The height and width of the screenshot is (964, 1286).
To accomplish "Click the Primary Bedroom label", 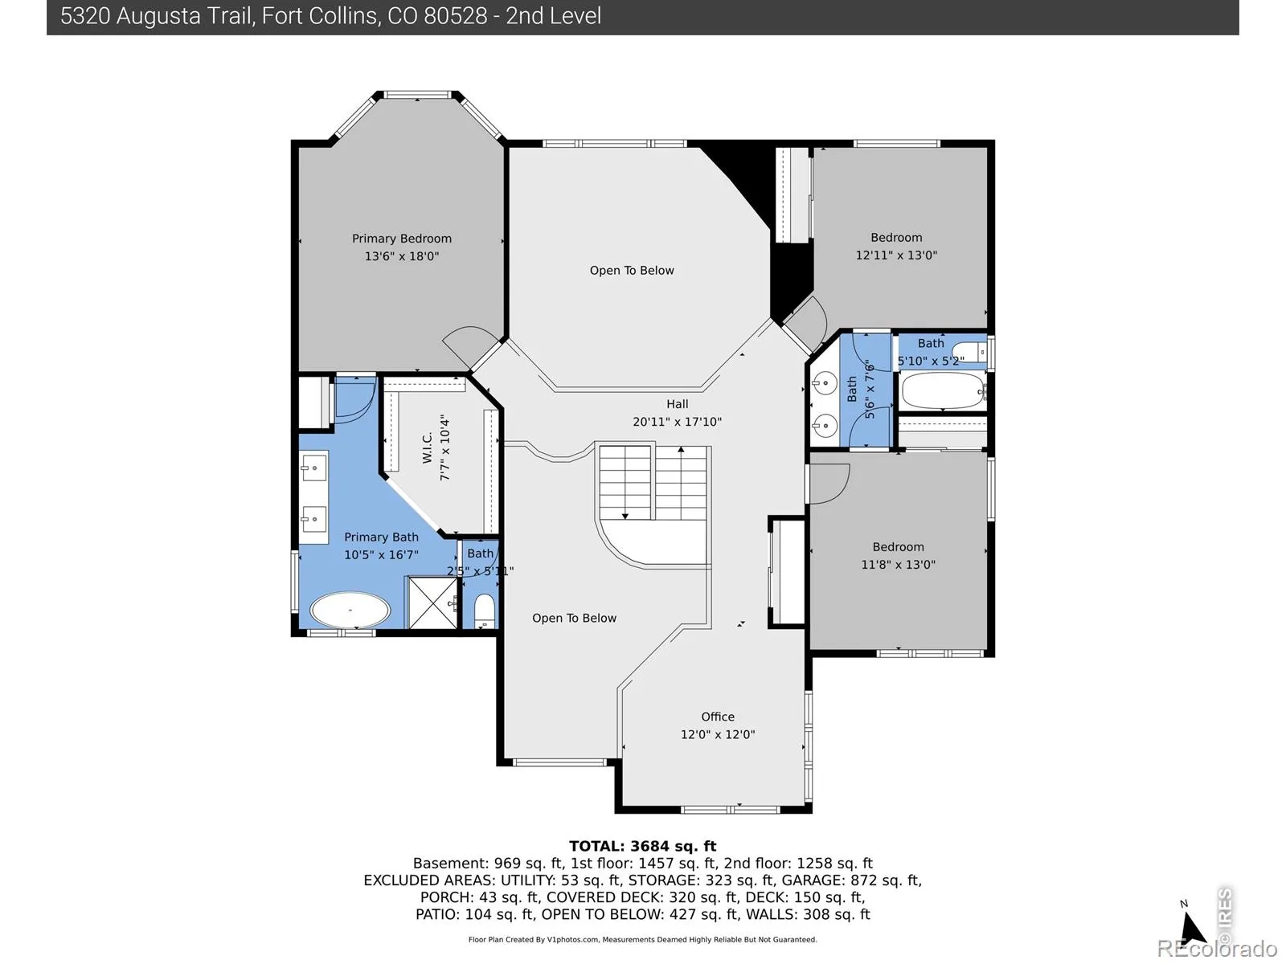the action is [x=401, y=239].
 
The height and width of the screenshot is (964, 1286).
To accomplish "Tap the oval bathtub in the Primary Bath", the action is [x=350, y=611].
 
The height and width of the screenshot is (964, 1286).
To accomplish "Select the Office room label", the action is [x=717, y=717].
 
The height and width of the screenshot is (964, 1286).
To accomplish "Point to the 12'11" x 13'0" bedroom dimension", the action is [x=896, y=255].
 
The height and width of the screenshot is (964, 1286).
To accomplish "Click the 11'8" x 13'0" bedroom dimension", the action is [x=898, y=564].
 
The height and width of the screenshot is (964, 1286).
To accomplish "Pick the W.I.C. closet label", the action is [x=427, y=447].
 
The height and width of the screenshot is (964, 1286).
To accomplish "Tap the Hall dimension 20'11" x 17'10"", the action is [x=677, y=422].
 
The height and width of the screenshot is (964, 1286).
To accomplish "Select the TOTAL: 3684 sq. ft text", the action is [x=643, y=846].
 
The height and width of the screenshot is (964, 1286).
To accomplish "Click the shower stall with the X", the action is [x=432, y=602].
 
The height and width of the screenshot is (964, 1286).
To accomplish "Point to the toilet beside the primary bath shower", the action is [x=484, y=611].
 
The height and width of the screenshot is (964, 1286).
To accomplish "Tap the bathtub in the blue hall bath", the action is [x=943, y=390].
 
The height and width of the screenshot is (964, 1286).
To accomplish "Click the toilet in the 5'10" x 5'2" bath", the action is [x=972, y=353].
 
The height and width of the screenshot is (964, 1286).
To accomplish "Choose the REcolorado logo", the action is [x=1217, y=948].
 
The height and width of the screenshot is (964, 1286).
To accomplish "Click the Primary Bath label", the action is [x=381, y=537].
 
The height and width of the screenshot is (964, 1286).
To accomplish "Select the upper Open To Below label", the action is [x=632, y=271].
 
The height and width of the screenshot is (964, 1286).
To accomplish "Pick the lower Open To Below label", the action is [x=574, y=618].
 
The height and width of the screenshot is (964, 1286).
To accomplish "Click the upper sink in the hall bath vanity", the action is [x=825, y=384].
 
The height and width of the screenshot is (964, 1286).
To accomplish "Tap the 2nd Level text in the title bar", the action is [x=553, y=16].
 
